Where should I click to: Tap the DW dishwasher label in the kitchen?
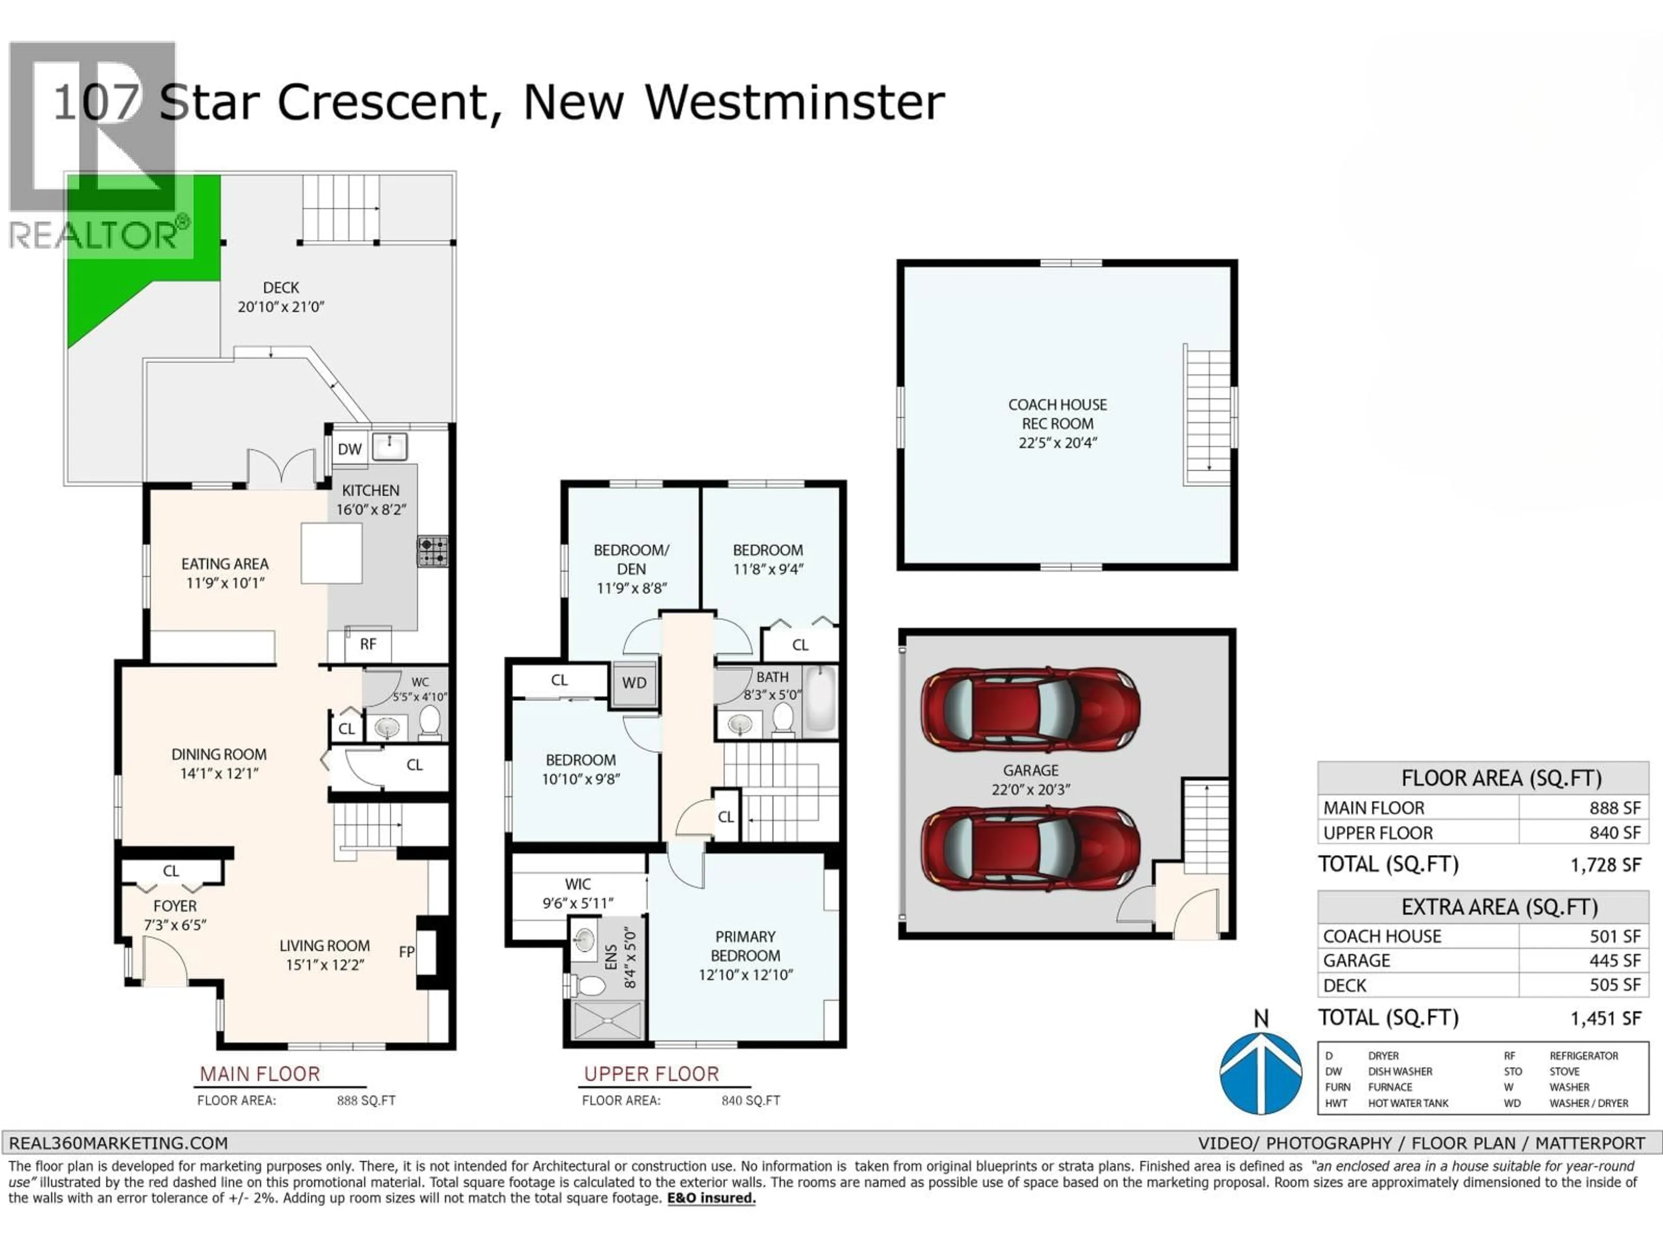click(x=349, y=449)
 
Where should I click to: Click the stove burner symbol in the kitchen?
click(x=433, y=551)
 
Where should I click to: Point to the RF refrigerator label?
click(x=368, y=644)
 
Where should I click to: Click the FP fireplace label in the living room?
click(x=407, y=952)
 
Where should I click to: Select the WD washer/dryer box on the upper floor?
click(x=634, y=682)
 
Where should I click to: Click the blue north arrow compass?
click(x=1261, y=1072)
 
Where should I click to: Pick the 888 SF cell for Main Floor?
click(x=1614, y=808)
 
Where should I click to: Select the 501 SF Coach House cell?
click(x=1614, y=937)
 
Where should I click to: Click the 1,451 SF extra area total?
click(x=1605, y=1018)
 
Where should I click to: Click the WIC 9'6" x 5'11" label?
click(x=577, y=893)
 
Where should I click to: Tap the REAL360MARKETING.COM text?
click(x=118, y=1143)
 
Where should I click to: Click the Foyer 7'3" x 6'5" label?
click(x=175, y=915)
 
